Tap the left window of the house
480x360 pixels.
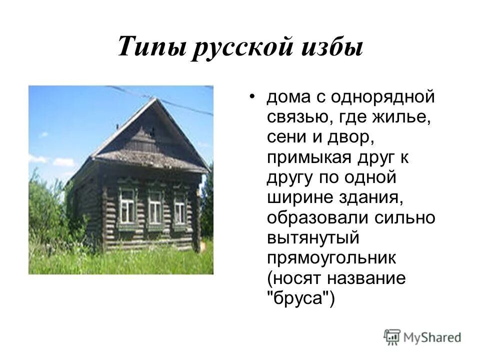(x=127, y=206)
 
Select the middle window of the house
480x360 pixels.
(x=155, y=207)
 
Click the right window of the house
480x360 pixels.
(x=179, y=209)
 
